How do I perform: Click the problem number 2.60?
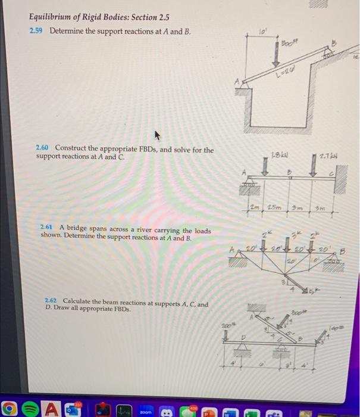[x=43, y=150]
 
